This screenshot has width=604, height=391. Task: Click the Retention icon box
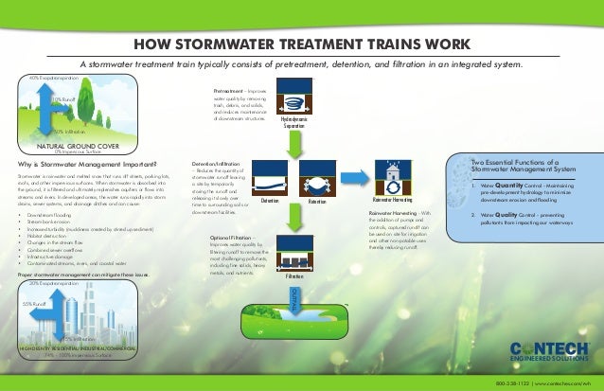tap(317, 180)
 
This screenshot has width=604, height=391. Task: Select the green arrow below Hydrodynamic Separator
tap(294, 142)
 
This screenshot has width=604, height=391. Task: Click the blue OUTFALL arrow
tap(293, 300)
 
